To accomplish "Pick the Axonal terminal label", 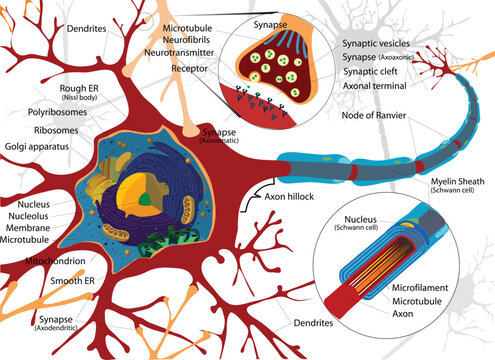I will pyautogui.click(x=376, y=86).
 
